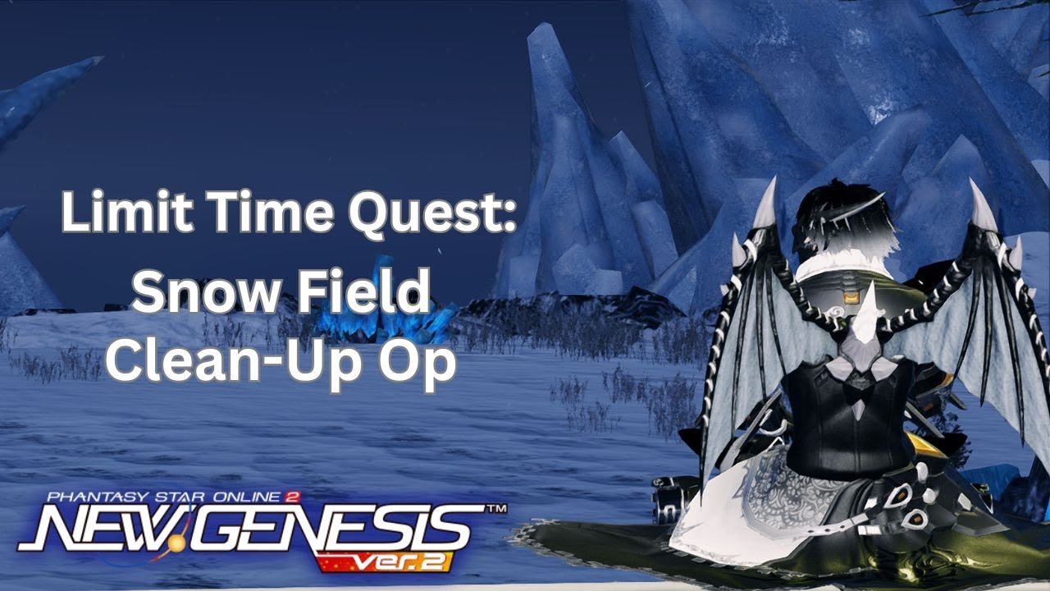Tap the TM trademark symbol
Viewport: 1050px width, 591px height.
[x=495, y=510]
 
